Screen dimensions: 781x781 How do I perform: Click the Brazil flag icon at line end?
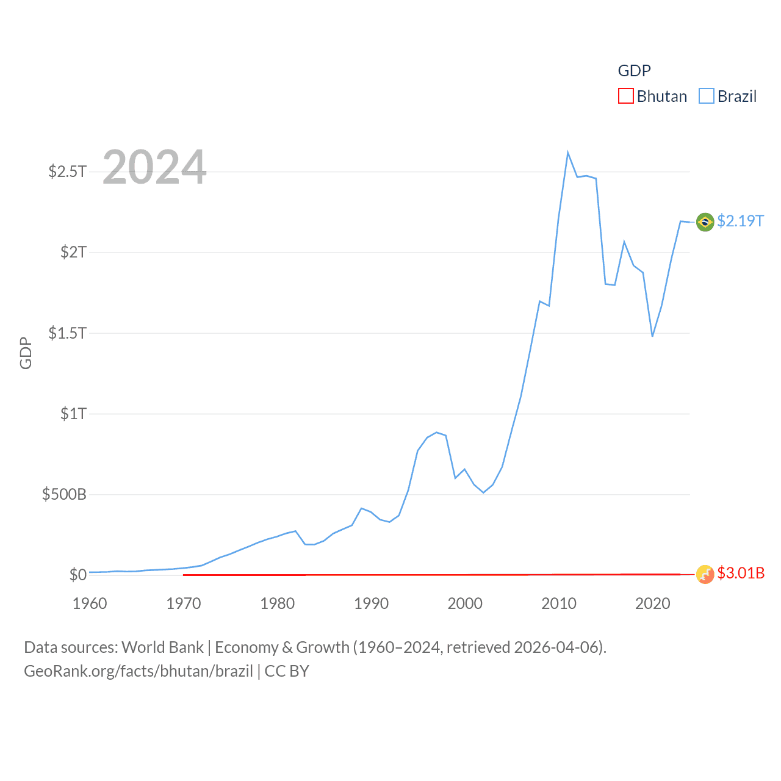(705, 222)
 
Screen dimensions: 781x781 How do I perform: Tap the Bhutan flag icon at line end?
(705, 574)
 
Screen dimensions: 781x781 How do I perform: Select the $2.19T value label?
(740, 221)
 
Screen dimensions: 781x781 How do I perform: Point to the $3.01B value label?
(741, 573)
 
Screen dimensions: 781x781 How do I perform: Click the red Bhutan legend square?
(625, 96)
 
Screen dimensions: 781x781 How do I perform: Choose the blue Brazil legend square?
(706, 96)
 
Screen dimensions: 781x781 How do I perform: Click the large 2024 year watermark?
(154, 167)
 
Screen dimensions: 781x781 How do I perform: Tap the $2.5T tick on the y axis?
(68, 171)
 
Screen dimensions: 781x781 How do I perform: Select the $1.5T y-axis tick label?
(68, 333)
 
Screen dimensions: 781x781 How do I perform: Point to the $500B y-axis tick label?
(64, 494)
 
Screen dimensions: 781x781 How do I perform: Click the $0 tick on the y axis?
(77, 575)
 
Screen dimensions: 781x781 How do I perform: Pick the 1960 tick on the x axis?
(90, 603)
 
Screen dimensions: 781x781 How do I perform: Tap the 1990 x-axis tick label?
(371, 603)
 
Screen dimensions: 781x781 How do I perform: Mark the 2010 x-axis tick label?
(559, 603)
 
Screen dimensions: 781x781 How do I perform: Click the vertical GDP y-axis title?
(26, 353)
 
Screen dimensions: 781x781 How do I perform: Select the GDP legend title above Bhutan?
(634, 71)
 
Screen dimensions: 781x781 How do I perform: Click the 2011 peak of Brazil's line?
(567, 153)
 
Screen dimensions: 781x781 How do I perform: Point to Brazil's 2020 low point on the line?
(652, 336)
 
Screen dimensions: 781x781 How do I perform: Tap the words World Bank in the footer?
(162, 647)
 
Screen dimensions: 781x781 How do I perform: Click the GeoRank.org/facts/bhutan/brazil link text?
(138, 671)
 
